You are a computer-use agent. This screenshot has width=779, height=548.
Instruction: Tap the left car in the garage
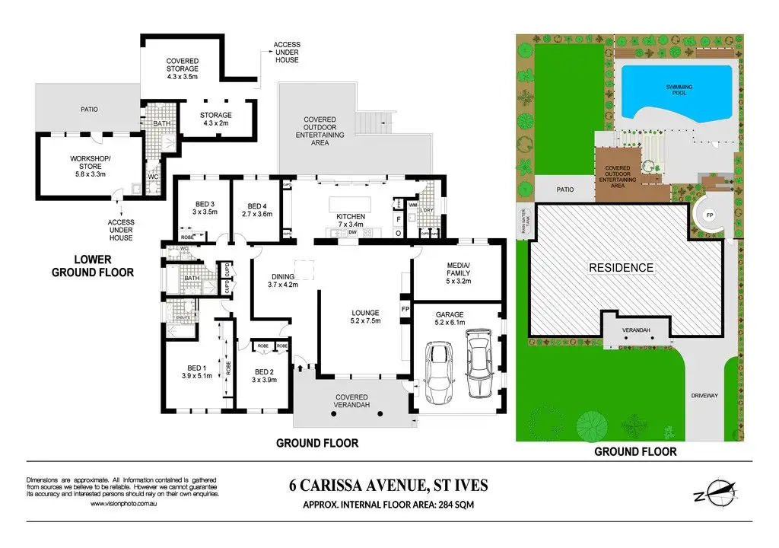[x=440, y=373]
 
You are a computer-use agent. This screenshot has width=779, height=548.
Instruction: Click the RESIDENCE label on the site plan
[x=620, y=268]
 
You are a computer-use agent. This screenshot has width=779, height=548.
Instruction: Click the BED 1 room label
[x=196, y=371]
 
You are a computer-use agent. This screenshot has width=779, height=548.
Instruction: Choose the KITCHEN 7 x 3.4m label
[x=351, y=221]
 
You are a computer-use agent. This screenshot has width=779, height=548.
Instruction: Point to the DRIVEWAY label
[x=703, y=395]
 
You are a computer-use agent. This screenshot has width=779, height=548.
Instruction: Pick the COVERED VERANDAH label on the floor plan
[x=351, y=401]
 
